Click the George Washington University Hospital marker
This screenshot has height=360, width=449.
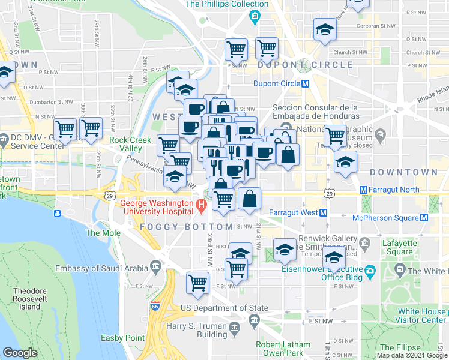tap(201, 208)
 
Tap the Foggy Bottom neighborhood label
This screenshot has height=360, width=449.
tap(187, 227)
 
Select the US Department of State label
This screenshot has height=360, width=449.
tap(224, 308)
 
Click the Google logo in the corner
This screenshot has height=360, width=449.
tap(20, 352)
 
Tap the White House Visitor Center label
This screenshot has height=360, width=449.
tap(421, 316)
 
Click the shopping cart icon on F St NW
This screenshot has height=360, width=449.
tap(197, 283)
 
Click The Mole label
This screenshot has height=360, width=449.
tap(99, 233)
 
